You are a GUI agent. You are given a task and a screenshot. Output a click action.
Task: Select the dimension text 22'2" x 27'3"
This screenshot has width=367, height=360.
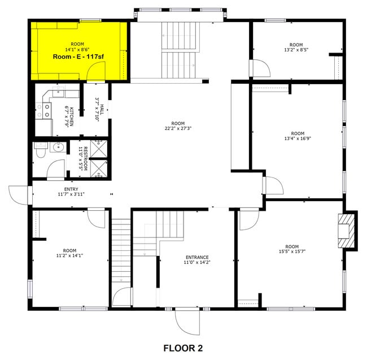pos(178,128)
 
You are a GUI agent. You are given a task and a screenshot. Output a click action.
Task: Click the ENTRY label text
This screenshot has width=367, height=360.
pos(71,189)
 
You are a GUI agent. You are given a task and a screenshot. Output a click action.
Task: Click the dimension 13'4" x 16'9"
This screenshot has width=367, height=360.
pos(296,137)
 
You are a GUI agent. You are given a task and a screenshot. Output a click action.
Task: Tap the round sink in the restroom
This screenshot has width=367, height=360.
pos(56,148)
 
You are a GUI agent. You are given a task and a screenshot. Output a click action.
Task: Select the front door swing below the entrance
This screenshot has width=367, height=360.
pos(187,322)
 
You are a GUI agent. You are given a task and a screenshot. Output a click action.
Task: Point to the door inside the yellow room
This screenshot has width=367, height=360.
pos(97,72)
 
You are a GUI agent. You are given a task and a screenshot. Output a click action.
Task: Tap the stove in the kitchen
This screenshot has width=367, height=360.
pos(41,110)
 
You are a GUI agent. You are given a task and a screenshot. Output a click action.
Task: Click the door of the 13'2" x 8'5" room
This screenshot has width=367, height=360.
pos(259,68)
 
